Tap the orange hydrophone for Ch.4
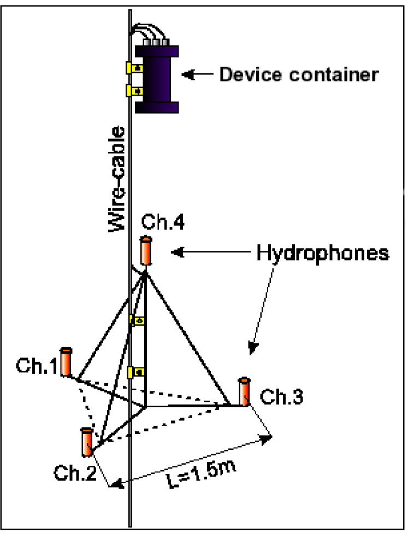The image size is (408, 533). click(x=146, y=251)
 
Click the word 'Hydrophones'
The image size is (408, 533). click(x=323, y=253)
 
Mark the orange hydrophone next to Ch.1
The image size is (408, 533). click(x=66, y=362)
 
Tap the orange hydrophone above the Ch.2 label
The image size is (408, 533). click(x=87, y=442)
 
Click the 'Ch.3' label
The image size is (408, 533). click(x=281, y=396)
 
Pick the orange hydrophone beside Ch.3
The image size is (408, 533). click(x=244, y=391)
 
